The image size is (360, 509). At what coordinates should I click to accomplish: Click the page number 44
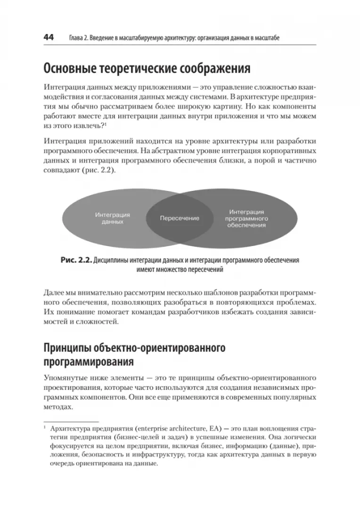coord(49,37)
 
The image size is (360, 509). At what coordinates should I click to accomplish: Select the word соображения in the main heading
coord(214,69)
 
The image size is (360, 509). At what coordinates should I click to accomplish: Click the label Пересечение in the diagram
coord(180,218)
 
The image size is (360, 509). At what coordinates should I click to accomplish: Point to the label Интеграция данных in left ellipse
coord(113,218)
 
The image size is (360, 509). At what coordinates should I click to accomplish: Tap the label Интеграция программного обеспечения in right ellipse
coord(246,219)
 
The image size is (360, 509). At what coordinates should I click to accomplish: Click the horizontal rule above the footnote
coord(70,422)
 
